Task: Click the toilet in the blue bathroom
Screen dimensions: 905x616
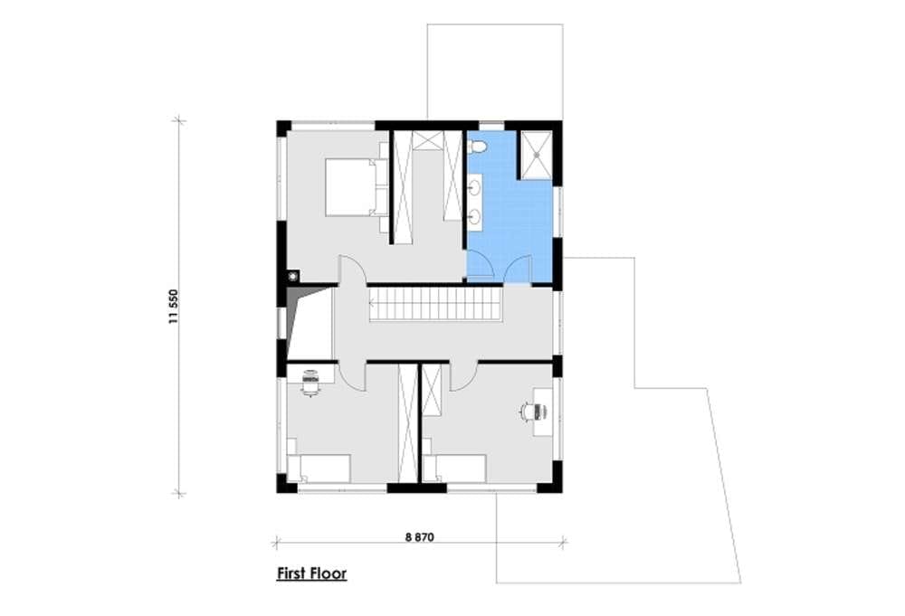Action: pyautogui.click(x=477, y=147)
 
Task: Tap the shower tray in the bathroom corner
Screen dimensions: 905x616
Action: pyautogui.click(x=537, y=155)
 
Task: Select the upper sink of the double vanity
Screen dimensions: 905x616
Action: pyautogui.click(x=474, y=187)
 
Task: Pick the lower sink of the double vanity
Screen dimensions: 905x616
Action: pyautogui.click(x=474, y=217)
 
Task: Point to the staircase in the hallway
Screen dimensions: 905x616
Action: pyautogui.click(x=436, y=304)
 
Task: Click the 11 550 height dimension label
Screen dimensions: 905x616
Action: pyautogui.click(x=174, y=307)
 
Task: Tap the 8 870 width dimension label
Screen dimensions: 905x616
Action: pyautogui.click(x=420, y=537)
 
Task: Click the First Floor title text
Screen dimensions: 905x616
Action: pyautogui.click(x=311, y=573)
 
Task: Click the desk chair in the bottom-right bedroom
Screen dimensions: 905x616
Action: pyautogui.click(x=532, y=412)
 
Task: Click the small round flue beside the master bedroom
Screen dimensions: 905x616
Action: pyautogui.click(x=294, y=276)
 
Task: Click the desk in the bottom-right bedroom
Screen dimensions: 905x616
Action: pyautogui.click(x=543, y=412)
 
